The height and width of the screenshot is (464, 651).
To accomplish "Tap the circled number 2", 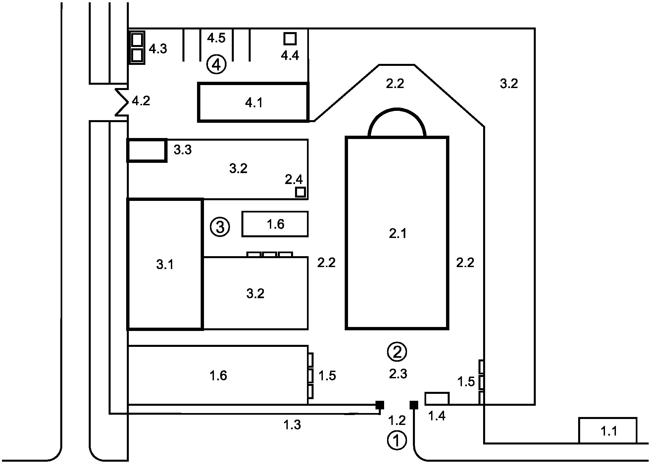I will (x=397, y=351).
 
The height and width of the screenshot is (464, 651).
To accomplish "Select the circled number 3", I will (x=220, y=227).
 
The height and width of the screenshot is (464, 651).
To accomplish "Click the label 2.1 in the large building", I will (x=397, y=234).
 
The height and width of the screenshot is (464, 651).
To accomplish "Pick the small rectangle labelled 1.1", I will (x=608, y=431).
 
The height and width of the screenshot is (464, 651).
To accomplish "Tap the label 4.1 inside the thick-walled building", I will (x=254, y=103).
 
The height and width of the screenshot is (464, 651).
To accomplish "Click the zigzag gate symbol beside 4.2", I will (x=122, y=102).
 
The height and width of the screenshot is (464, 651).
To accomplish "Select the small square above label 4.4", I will (x=290, y=39).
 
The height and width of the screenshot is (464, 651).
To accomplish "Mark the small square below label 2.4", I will (x=300, y=192).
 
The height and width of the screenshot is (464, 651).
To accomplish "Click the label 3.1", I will (x=165, y=265).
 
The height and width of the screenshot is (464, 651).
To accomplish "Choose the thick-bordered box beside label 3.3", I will (x=147, y=150).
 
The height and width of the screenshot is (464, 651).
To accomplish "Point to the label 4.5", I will (x=216, y=38).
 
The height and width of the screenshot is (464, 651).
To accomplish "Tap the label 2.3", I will (x=398, y=374).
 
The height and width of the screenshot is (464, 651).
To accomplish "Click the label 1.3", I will (x=292, y=425).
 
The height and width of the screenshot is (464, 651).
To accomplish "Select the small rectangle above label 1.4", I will (x=437, y=398).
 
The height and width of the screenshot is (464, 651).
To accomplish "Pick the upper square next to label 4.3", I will (x=137, y=40).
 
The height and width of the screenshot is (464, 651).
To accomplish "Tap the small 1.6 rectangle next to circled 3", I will (x=275, y=224).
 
